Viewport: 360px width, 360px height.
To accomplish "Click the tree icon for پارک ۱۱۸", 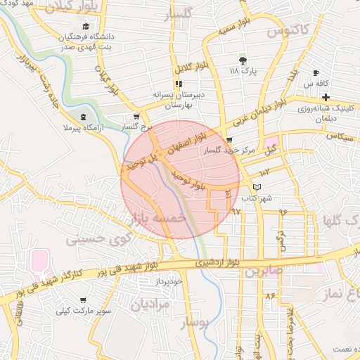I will [243, 60].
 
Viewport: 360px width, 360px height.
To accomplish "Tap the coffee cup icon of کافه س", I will [316, 73].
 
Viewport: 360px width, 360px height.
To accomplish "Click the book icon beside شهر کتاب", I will [257, 187].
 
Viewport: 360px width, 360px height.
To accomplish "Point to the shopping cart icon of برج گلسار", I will [136, 117].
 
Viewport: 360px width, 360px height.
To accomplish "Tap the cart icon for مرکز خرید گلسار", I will [229, 140].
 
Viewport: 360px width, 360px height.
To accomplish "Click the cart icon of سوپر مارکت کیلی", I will [83, 300].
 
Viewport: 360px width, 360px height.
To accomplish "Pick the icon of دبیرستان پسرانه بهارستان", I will [179, 84].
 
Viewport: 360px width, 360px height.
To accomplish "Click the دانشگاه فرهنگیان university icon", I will [86, 26].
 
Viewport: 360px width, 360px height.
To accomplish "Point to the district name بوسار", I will [195, 323].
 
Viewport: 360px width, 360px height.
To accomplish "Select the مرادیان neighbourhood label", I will [149, 304].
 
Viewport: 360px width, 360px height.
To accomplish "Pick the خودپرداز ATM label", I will [169, 281].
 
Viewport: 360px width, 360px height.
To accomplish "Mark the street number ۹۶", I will [283, 211].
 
